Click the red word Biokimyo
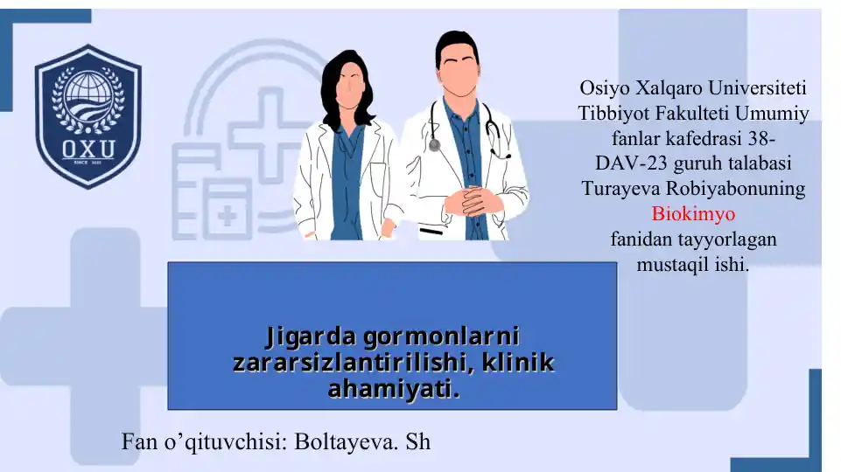pos(693,214)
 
